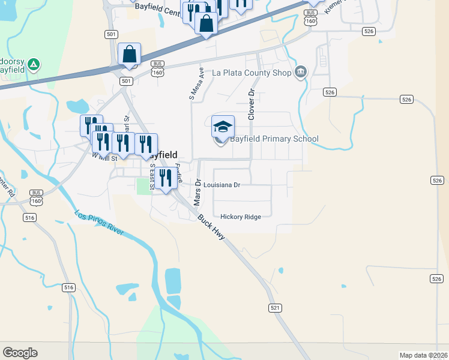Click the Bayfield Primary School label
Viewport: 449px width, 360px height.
(x=274, y=139)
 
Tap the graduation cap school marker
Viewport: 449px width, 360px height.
(x=223, y=127)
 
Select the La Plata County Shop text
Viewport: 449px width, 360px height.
(x=252, y=73)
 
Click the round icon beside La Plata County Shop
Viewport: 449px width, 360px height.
(x=301, y=73)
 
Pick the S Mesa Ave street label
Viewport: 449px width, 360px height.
(x=193, y=84)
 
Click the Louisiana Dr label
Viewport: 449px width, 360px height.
(x=221, y=185)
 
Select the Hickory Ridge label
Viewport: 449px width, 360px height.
(x=241, y=217)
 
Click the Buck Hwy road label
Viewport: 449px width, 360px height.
(x=211, y=228)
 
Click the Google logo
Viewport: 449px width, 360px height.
(x=20, y=353)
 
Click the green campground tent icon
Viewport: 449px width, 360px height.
(x=34, y=63)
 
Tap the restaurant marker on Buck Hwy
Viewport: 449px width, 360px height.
(x=166, y=178)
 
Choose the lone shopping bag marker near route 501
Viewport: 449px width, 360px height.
(x=130, y=54)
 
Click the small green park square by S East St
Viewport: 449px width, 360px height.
(x=143, y=185)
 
